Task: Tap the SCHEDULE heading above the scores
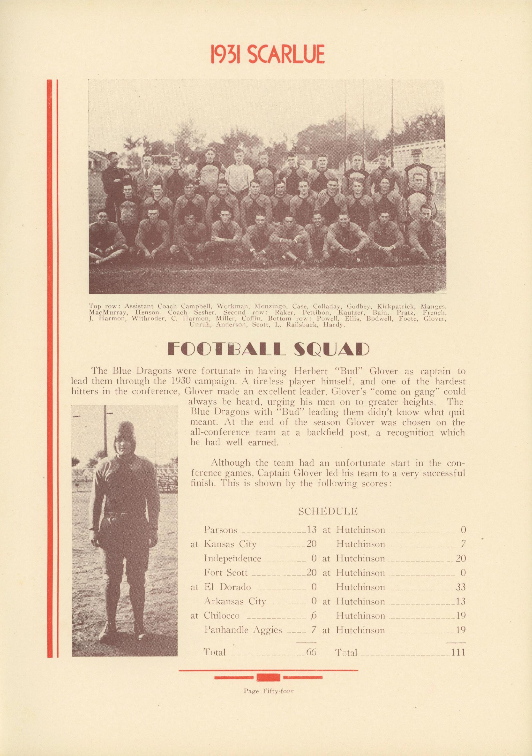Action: point(328,511)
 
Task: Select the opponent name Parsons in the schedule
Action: point(221,530)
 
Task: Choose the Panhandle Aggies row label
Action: point(243,630)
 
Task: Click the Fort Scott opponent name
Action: point(225,573)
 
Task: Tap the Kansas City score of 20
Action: point(311,544)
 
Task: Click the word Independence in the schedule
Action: point(232,559)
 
